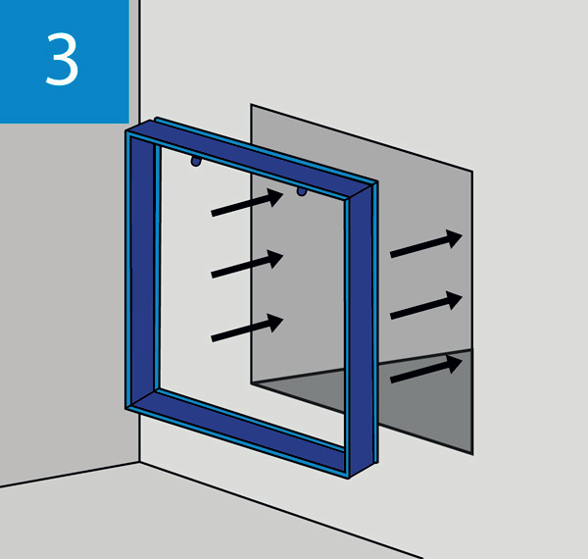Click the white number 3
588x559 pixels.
[x=62, y=59]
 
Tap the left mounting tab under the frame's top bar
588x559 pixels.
[x=196, y=162]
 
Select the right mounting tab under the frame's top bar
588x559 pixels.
[x=302, y=192]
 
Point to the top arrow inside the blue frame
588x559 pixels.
[x=247, y=202]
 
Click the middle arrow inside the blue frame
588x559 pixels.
[x=247, y=264]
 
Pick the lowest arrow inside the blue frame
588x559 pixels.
[x=247, y=328]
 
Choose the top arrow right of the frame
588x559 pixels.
[x=426, y=244]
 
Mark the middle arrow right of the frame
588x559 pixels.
[x=426, y=305]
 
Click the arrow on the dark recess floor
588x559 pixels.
[x=426, y=369]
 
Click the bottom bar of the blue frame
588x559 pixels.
[x=240, y=432]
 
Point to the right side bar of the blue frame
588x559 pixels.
[x=361, y=330]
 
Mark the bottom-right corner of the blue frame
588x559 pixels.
[x=349, y=478]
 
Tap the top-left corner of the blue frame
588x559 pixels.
[x=126, y=131]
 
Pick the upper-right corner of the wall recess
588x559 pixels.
[x=472, y=172]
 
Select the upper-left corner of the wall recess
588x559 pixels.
[x=251, y=105]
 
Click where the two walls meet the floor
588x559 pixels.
[x=140, y=462]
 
